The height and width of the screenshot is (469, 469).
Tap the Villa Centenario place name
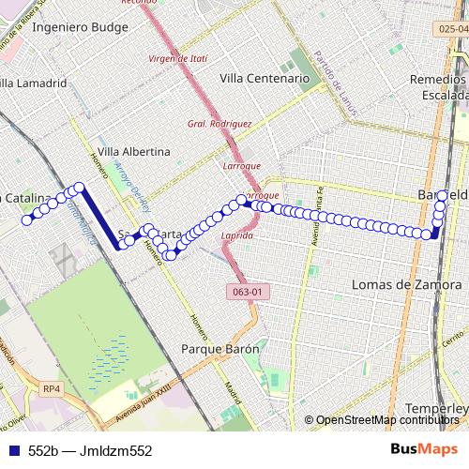[264, 80]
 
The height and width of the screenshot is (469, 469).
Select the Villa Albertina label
[134, 151]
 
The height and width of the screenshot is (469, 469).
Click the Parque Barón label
[219, 349]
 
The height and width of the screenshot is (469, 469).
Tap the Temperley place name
[437, 409]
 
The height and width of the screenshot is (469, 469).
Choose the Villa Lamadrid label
[35, 83]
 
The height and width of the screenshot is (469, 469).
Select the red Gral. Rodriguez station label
[219, 123]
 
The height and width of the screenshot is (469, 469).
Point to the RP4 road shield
[51, 387]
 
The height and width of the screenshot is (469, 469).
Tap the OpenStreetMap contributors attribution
[385, 419]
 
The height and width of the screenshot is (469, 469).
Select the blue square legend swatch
[11, 450]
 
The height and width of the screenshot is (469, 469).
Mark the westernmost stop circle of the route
[26, 220]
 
